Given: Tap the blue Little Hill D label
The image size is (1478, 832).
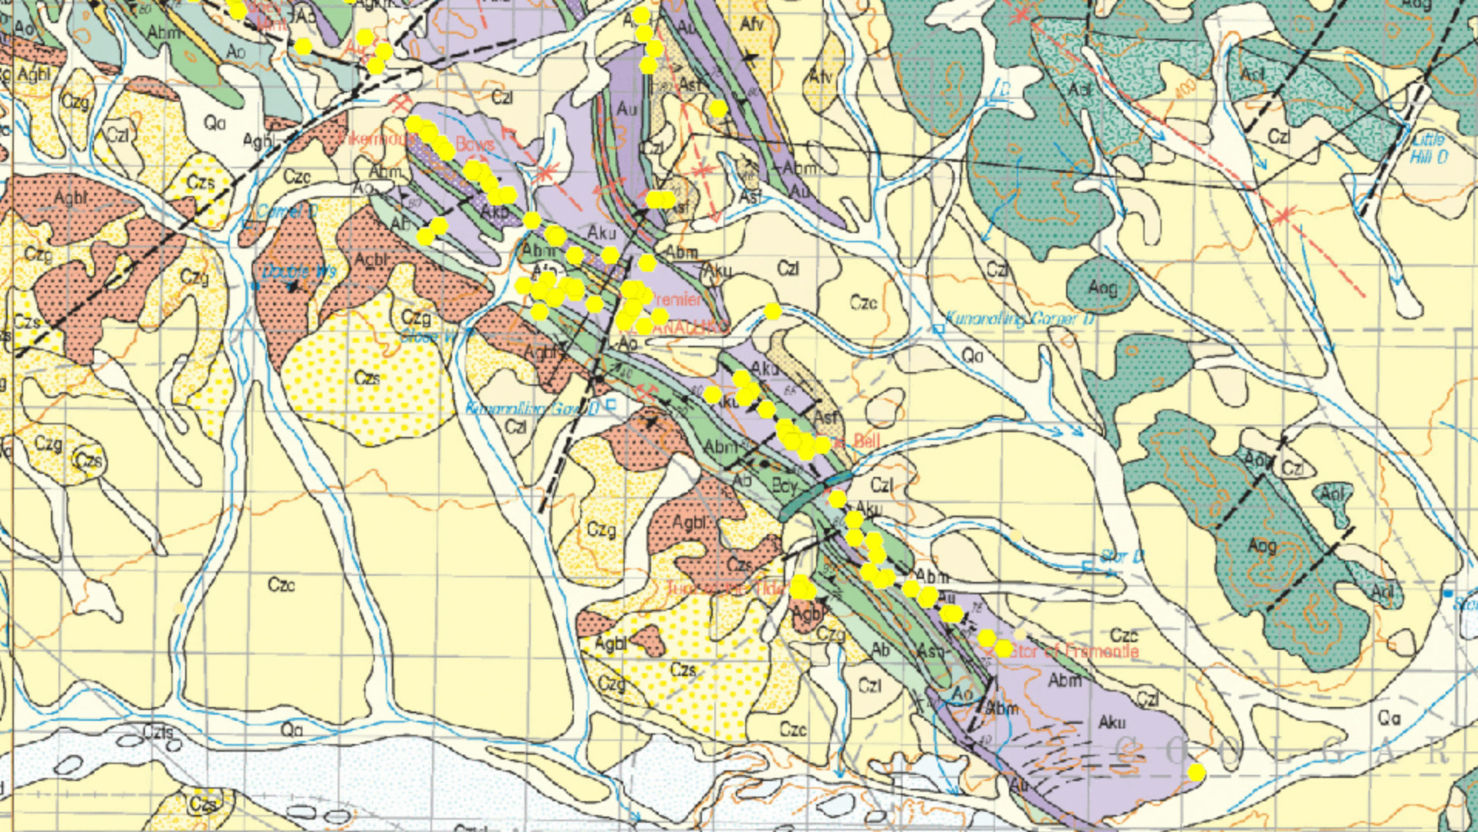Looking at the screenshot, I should (x=1429, y=148).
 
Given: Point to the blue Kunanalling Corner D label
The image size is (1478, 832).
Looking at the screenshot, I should (x=1020, y=318).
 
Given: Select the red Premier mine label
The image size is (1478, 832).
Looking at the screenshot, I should (x=677, y=299).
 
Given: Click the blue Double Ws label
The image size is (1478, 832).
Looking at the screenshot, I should (x=299, y=272).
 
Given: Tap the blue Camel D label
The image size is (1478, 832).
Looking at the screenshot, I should (x=287, y=211).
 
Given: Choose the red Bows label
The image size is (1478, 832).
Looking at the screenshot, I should (x=474, y=144).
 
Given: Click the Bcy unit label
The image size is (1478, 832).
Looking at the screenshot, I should (x=784, y=486).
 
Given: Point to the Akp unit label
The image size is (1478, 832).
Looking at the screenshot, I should (x=494, y=211).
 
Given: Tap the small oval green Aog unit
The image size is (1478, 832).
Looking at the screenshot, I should (x=1102, y=287).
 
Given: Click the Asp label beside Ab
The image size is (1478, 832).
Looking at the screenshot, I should (x=930, y=651).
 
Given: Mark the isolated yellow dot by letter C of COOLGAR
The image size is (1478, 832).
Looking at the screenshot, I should (x=1196, y=772).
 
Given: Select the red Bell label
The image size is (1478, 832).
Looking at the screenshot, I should (x=866, y=441).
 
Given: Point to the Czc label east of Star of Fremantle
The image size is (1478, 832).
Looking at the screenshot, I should (x=1123, y=635).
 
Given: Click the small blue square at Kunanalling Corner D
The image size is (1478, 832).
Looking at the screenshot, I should (x=939, y=329).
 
